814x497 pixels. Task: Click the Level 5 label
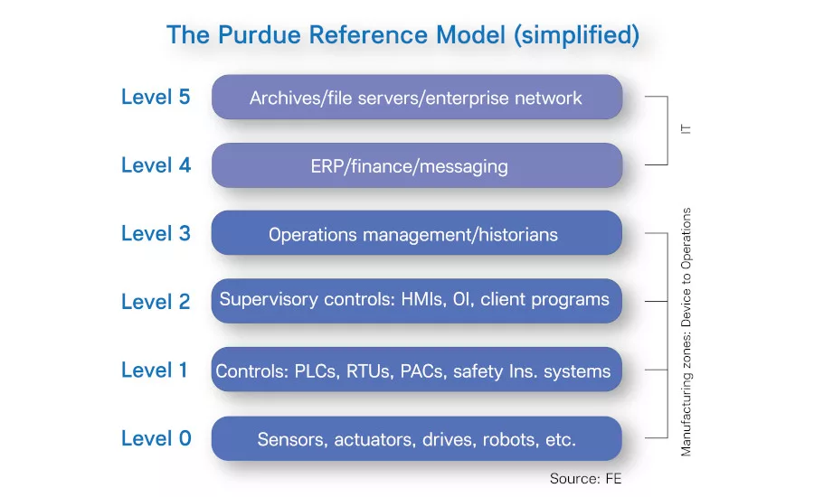click(x=156, y=97)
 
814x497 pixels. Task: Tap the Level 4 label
click(x=156, y=165)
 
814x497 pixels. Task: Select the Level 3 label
click(x=156, y=233)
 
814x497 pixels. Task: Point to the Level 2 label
click(x=156, y=302)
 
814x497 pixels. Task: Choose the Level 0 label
click(x=156, y=438)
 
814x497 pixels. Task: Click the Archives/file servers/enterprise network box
click(x=417, y=98)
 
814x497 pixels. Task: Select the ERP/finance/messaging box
click(x=417, y=165)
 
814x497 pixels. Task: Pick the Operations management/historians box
click(x=417, y=234)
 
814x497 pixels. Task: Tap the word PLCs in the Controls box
click(x=315, y=370)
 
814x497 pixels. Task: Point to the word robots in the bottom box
click(x=509, y=440)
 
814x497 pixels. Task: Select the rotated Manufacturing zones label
click(x=686, y=332)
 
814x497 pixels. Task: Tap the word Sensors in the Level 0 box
click(x=292, y=440)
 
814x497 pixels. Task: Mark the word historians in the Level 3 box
click(x=514, y=235)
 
